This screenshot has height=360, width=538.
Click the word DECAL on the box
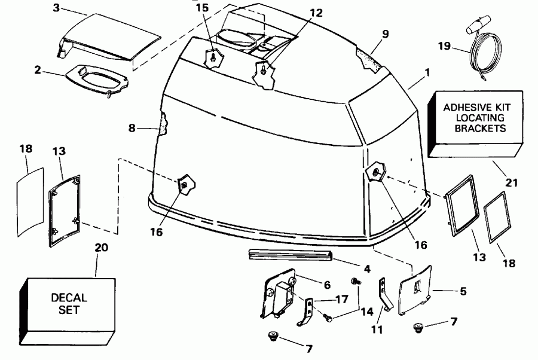click(69, 297)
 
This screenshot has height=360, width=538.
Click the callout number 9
click(385, 34)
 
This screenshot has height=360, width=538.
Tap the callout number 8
click(133, 127)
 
